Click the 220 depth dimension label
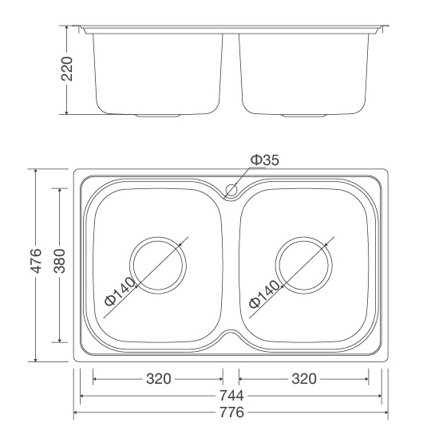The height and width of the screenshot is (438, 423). [67, 69]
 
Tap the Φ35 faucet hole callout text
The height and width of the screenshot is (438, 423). [265, 160]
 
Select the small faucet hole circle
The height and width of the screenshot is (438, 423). [231, 190]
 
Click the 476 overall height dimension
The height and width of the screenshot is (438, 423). [36, 261]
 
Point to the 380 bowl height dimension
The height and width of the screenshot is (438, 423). [60, 261]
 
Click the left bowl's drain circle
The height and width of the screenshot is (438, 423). [158, 237]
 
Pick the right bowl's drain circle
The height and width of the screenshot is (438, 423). [304, 237]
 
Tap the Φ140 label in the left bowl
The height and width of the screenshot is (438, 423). [120, 292]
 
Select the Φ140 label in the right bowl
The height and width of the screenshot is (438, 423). [264, 294]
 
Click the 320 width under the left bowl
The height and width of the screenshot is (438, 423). [158, 379]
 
